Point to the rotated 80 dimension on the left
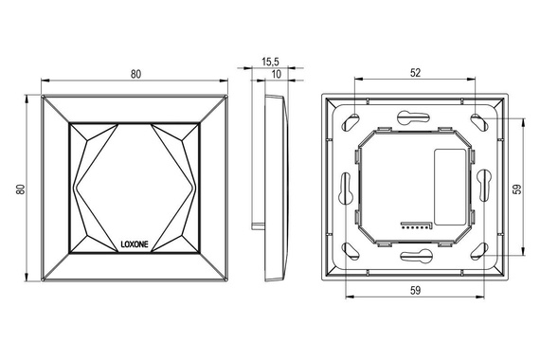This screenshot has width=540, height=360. pyautogui.click(x=21, y=189)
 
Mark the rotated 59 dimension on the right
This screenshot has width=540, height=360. pyautogui.click(x=518, y=189)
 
